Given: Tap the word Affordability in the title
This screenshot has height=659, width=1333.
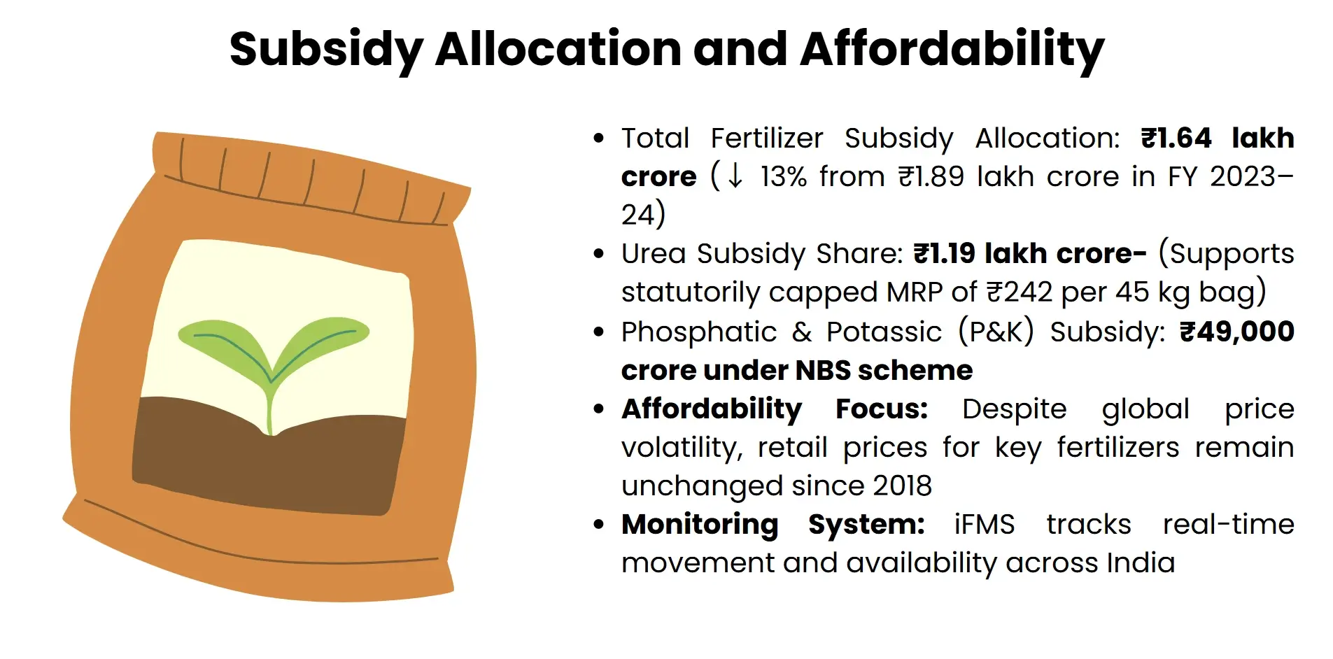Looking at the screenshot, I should pos(952,50).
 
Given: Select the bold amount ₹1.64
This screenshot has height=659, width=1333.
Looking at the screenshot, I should pos(1176,138).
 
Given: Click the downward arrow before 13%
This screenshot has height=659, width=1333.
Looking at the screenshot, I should pos(735,176).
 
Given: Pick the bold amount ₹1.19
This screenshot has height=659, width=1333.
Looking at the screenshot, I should pos(944,253).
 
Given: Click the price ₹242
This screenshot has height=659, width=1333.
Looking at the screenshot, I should pos(1019,292).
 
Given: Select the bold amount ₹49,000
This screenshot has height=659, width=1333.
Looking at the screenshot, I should pos(1236,332).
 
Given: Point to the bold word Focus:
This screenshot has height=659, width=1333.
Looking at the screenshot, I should pos(882,409).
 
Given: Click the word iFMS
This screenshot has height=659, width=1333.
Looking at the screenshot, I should pos(984,524).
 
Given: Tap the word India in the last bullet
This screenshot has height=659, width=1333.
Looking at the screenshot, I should pos(1141,562).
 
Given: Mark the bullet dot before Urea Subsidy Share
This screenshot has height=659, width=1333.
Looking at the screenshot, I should pos(598,253).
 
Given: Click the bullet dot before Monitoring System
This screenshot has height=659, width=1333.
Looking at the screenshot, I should pos(598,524).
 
